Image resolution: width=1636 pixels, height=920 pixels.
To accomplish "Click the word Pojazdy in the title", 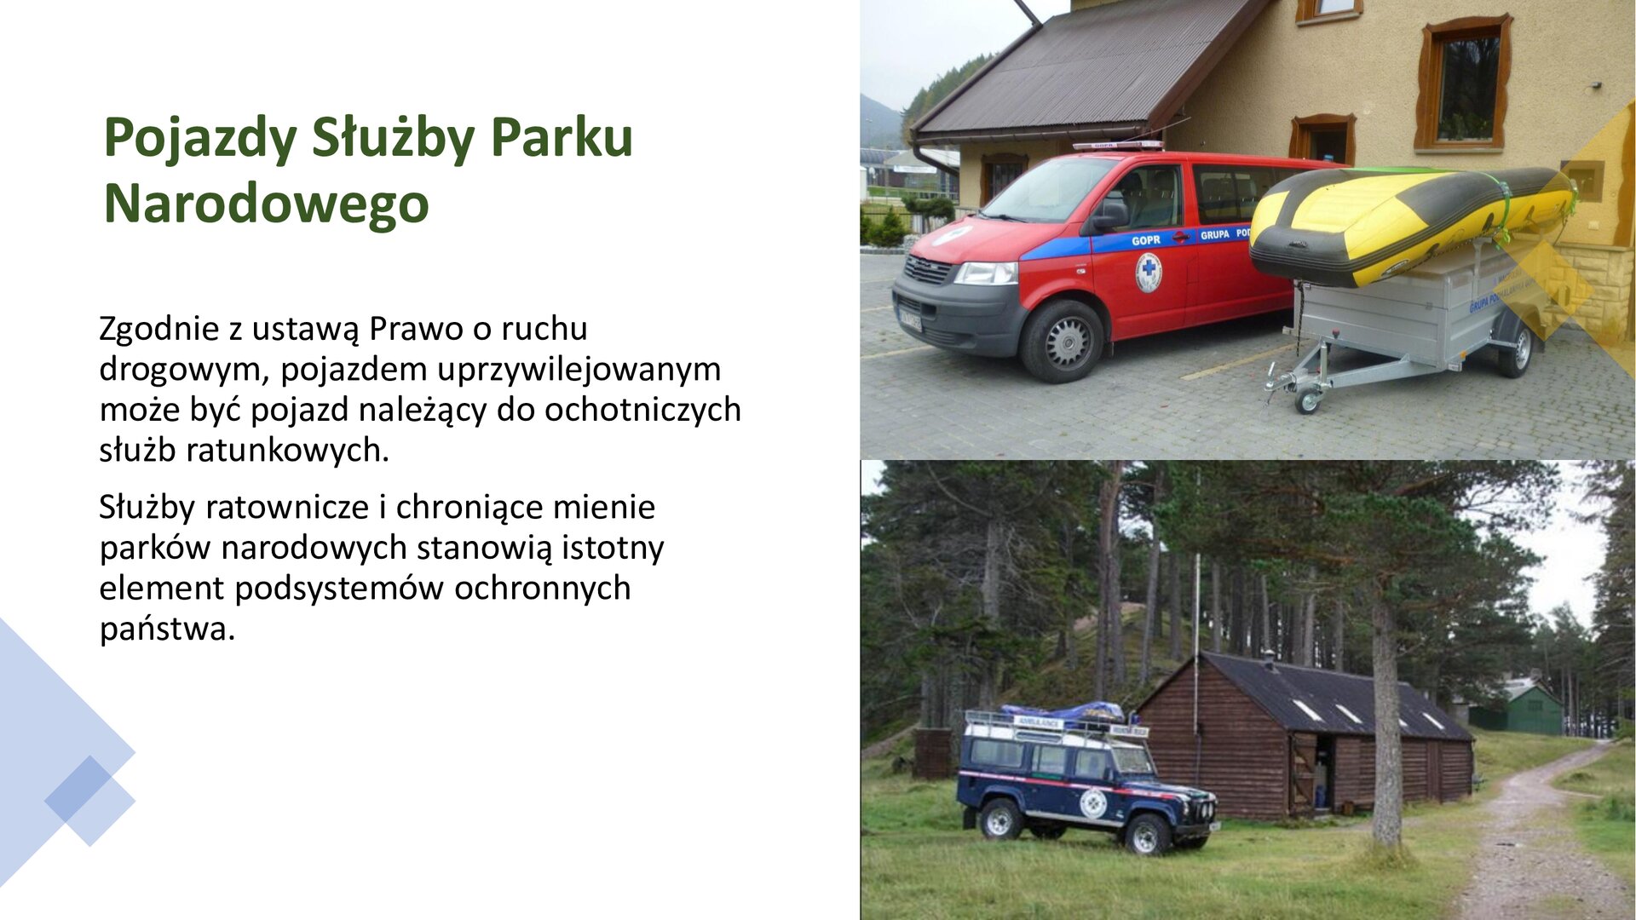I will coord(200,138).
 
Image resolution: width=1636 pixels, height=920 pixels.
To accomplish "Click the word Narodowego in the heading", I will coord(266,204).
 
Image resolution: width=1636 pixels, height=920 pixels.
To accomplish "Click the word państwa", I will coord(167,630).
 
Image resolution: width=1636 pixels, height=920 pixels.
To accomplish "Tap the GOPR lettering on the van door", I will coord(1145,240).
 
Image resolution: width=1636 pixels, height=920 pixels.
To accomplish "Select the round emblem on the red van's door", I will coord(1148,273).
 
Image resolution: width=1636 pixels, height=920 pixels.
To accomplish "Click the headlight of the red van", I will coord(986,273).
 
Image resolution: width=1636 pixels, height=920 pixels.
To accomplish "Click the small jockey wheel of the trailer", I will coord(1307,400).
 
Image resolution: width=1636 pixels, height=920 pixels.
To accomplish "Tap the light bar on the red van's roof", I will coord(1117,146).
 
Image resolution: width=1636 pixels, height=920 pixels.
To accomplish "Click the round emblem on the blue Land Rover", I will coord(1092,802).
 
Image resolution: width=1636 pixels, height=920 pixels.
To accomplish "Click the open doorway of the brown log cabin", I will coord(1323,773).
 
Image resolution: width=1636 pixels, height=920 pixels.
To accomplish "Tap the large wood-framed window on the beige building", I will coord(1464,85).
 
